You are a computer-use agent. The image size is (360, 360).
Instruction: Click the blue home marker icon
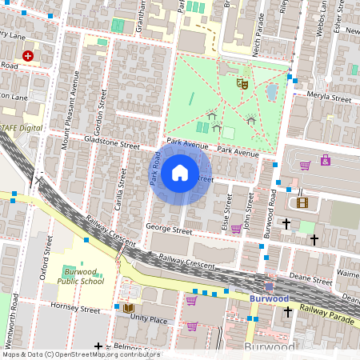(x=180, y=172)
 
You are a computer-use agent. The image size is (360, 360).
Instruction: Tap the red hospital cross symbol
(x=29, y=56)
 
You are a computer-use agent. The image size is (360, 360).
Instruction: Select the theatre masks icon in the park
(x=242, y=82)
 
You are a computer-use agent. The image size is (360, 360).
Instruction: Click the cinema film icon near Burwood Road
(x=302, y=202)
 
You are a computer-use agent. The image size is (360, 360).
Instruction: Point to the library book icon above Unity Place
(x=127, y=308)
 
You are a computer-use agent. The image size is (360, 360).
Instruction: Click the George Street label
(x=169, y=230)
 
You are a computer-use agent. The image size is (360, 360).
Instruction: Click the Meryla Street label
(x=330, y=98)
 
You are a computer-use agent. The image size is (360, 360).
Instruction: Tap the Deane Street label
(x=311, y=280)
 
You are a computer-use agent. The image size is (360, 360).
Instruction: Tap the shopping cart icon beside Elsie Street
(x=236, y=229)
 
